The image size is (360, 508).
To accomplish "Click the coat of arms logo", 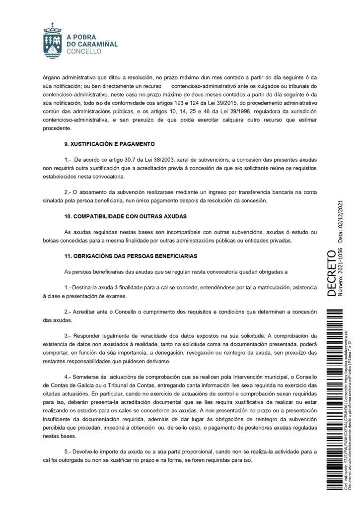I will point(54,38).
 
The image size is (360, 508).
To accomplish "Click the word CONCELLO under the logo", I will point(83,51).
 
